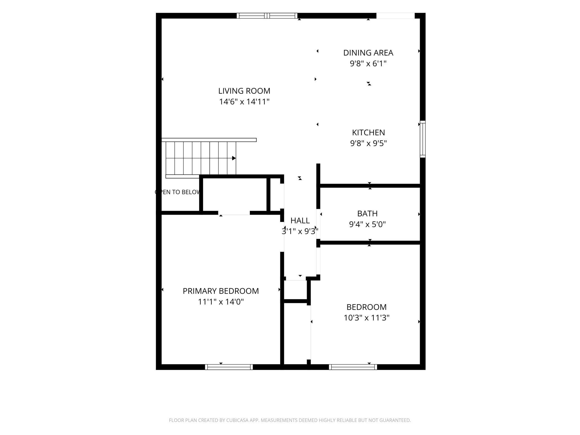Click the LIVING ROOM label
244,91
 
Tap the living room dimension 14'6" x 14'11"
244,102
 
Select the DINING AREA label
368,53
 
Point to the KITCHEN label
368,132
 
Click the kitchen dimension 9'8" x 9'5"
368,143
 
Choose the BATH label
368,214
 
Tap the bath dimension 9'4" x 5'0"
368,224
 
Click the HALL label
300,221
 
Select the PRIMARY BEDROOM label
221,291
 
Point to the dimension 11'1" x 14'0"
221,302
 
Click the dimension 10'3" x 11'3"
366,318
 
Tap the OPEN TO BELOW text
178,192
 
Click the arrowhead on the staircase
234,158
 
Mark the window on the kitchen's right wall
423,139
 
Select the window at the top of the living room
267,16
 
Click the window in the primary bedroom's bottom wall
229,367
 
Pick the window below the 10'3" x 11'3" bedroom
353,367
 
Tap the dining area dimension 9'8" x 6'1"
368,64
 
